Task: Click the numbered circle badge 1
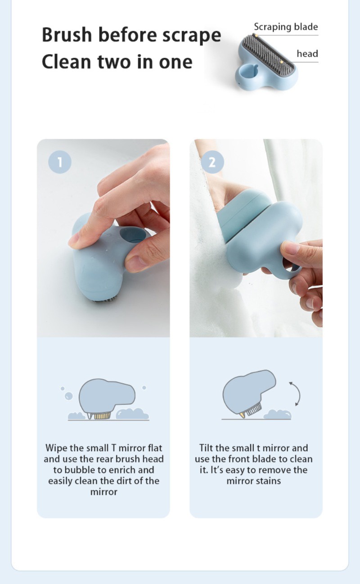(60, 162)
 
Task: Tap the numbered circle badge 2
(212, 162)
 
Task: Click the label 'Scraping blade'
(286, 27)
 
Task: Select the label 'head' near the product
(307, 54)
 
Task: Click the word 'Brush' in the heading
(67, 35)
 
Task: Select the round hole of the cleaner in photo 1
(133, 235)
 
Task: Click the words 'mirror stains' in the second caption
(254, 481)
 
